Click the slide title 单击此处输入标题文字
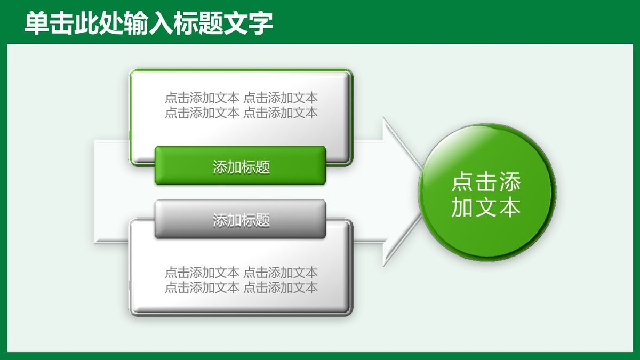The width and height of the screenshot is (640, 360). tap(149, 23)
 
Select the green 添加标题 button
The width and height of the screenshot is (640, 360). tap(241, 166)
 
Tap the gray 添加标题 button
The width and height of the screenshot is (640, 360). tap(241, 219)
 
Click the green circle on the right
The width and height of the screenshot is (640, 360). tap(485, 192)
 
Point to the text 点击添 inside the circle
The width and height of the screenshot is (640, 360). tap(485, 182)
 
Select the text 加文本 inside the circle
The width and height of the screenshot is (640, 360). tap(485, 207)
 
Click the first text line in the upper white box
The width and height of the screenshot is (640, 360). tap(241, 98)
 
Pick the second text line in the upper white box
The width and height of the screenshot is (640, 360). tap(241, 113)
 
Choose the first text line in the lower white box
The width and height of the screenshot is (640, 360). tap(241, 273)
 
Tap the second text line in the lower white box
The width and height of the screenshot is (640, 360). tap(241, 287)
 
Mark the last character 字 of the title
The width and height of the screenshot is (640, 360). tap(261, 23)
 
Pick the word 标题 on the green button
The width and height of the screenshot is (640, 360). tap(256, 166)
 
